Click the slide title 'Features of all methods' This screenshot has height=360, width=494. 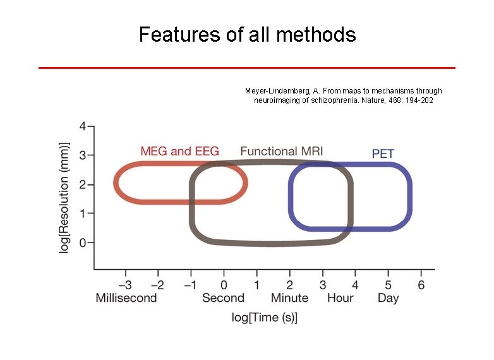tap(247, 34)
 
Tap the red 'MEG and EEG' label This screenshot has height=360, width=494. tap(179, 151)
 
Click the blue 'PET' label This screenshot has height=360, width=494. tap(383, 153)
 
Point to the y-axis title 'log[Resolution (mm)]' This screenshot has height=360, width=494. tap(64, 197)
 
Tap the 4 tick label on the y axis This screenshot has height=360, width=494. tap(83, 126)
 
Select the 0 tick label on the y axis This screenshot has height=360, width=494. tap(83, 243)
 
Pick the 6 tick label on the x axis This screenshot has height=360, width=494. tap(421, 285)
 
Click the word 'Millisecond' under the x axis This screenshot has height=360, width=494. tap(126, 298)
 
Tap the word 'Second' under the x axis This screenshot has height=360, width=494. tap(223, 298)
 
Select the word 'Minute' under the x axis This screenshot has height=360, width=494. tap(289, 298)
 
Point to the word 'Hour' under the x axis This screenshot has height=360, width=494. tap(340, 298)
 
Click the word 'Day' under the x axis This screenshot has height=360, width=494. tap(388, 298)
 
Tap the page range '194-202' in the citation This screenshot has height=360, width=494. tap(419, 100)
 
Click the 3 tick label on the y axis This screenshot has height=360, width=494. tap(83, 155)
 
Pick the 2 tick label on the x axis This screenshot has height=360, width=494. tap(289, 285)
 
